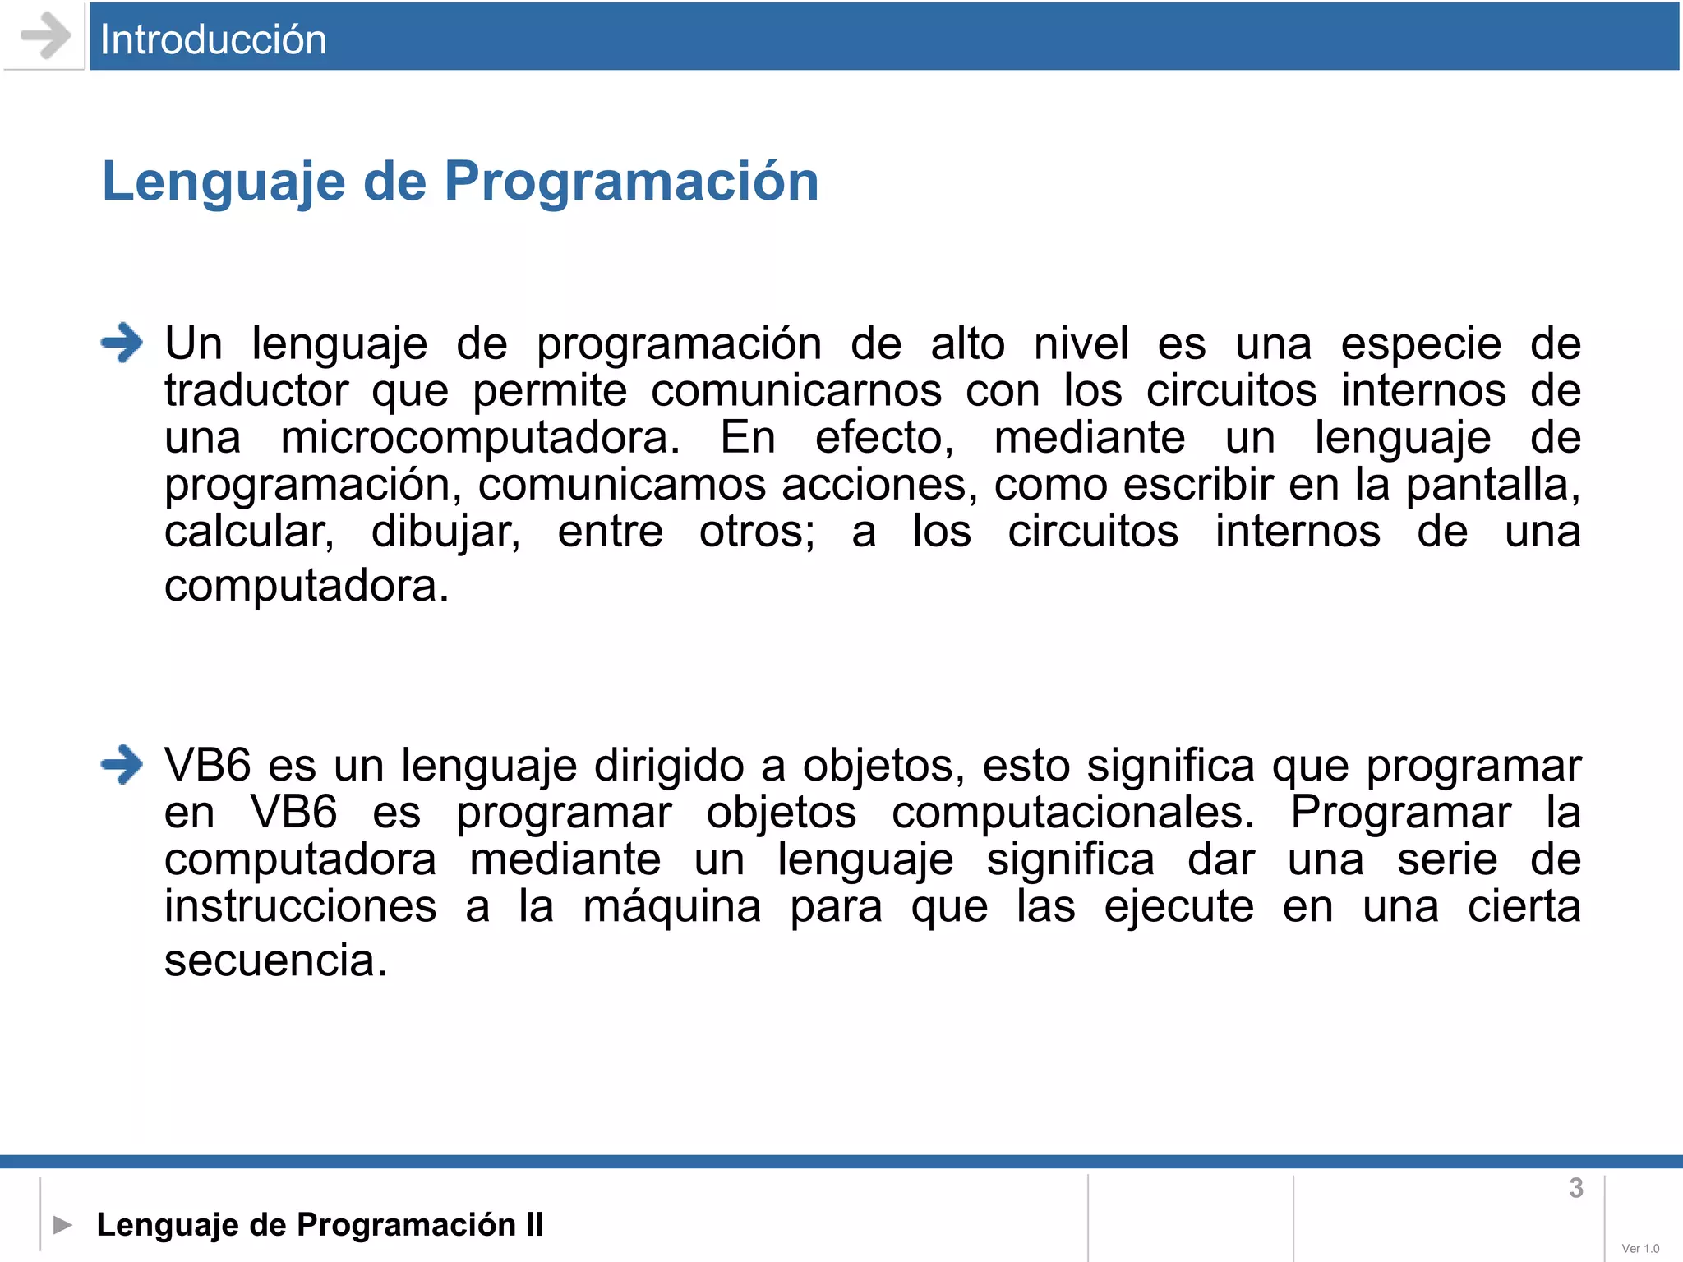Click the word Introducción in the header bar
213,39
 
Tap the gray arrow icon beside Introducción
45,36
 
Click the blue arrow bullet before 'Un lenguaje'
122,343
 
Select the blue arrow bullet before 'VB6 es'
122,764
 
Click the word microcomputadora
480,437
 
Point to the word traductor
256,390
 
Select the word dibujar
445,532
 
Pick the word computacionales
1072,813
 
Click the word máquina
671,907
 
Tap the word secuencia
274,960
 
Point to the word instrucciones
300,907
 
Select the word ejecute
1178,907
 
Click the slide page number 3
1575,1188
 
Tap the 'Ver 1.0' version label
1640,1248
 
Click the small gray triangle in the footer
62,1225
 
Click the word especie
1421,344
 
